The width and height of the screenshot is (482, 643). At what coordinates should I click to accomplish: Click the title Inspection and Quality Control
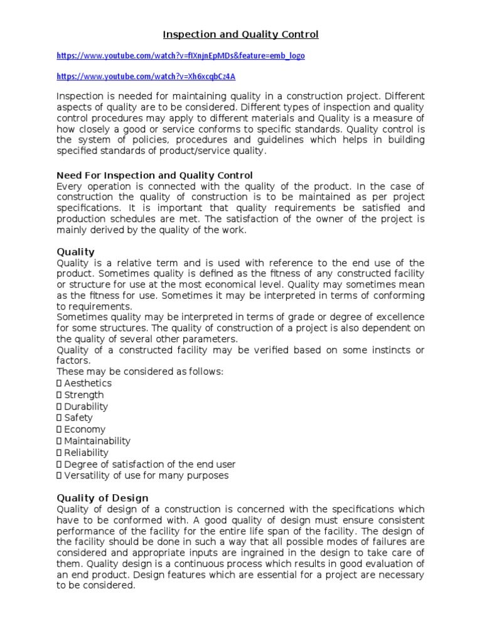coord(241,35)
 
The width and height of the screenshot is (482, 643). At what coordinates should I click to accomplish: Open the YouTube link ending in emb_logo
coord(181,56)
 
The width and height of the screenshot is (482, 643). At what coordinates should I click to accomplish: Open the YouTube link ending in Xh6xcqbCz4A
coord(146,77)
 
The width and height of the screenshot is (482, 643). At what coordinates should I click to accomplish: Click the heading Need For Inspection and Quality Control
coord(154,175)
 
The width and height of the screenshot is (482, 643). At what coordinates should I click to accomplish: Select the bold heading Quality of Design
coord(102,498)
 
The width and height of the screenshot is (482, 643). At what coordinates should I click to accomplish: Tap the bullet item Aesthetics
coord(88,383)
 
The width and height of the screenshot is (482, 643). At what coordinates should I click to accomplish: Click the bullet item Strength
coord(84,395)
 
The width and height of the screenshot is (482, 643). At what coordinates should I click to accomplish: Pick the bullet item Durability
coord(86,406)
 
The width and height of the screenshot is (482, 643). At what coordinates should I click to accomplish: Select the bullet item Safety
coord(78,418)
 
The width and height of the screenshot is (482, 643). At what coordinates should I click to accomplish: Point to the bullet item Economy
coord(85,430)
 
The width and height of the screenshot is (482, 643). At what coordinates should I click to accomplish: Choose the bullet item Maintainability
coord(97,441)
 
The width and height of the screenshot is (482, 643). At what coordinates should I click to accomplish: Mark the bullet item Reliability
coord(86,452)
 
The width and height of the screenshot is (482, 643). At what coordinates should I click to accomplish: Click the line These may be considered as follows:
coord(140,372)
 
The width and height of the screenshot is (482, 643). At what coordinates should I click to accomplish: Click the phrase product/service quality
coord(213,151)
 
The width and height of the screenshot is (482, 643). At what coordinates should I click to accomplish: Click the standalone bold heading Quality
coord(75,252)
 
